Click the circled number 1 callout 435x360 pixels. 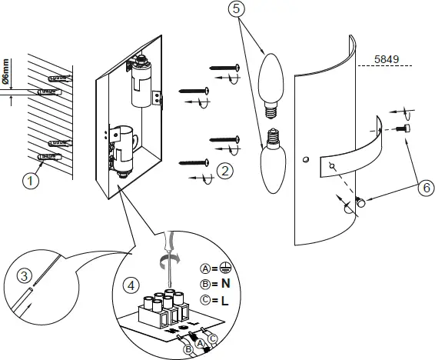click(x=29, y=182)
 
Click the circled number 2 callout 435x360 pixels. click(x=224, y=171)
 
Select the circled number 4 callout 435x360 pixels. click(x=132, y=285)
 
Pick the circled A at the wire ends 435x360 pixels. click(x=200, y=342)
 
